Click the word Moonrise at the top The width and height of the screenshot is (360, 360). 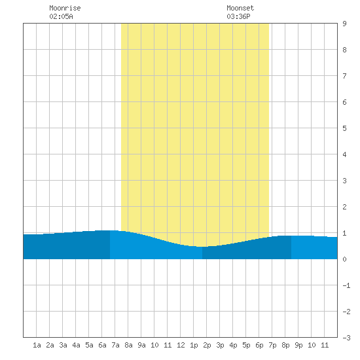[x=65, y=8]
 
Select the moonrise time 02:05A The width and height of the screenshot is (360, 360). [x=61, y=16]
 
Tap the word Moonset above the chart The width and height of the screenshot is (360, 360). [x=240, y=8]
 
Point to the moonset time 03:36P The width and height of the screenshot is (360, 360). [x=238, y=16]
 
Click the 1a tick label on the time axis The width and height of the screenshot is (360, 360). [x=37, y=345]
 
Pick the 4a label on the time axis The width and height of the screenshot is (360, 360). [x=76, y=345]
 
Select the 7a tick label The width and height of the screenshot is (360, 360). [x=115, y=345]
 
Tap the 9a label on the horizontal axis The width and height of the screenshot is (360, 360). [x=141, y=345]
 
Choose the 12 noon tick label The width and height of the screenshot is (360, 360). [x=181, y=345]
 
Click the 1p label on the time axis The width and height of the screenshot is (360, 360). [x=194, y=346]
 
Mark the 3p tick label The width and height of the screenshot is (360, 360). [x=220, y=346]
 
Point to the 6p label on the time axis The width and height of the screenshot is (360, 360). [x=259, y=346]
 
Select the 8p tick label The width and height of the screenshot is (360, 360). [x=285, y=346]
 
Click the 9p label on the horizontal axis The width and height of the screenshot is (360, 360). [x=298, y=346]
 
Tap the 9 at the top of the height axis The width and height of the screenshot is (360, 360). [x=344, y=24]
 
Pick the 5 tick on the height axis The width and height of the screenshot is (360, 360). [x=344, y=128]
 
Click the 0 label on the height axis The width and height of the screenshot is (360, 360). [x=344, y=259]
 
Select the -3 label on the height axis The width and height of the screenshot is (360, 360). [x=346, y=338]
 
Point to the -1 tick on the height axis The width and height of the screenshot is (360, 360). [x=346, y=285]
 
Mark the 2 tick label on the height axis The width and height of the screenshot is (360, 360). [x=344, y=207]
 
